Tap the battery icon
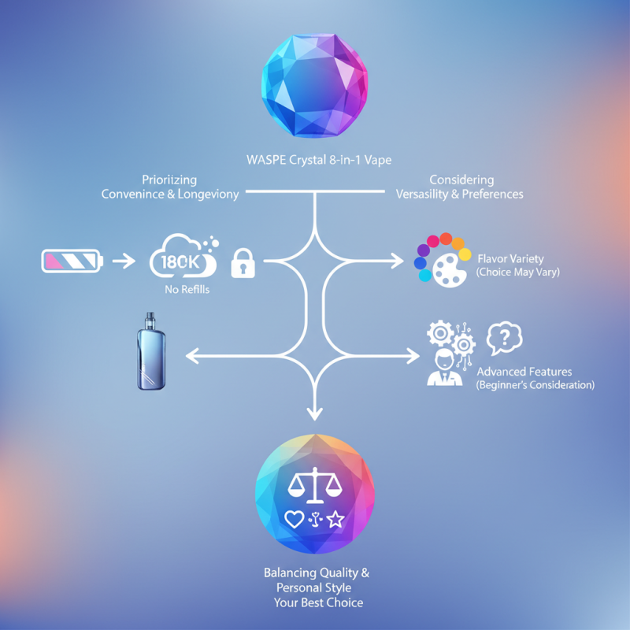click(71, 261)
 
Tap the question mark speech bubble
click(506, 339)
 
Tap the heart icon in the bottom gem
click(293, 519)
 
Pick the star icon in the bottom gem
click(336, 519)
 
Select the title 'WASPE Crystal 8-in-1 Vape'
click(315, 161)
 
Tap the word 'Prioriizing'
click(169, 180)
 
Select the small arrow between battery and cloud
click(124, 261)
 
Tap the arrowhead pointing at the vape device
click(192, 357)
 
